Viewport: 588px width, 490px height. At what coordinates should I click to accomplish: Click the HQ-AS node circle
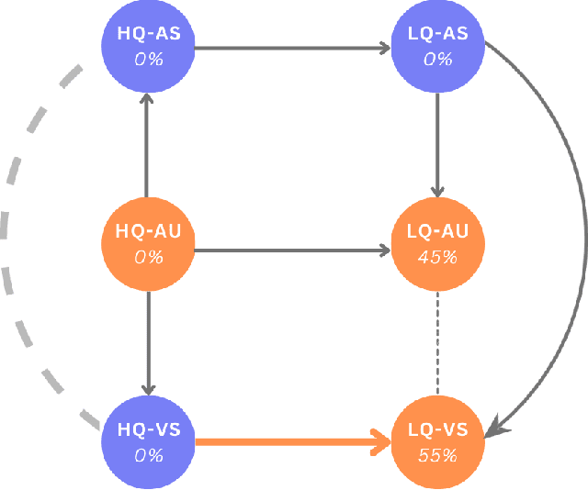(x=148, y=46)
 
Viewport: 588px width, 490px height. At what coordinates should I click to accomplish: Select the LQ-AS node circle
(x=437, y=46)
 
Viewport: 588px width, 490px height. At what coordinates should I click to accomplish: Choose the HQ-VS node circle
(x=148, y=442)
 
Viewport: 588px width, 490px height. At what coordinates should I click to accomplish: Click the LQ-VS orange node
(x=437, y=442)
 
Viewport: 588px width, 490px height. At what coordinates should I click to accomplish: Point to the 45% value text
(x=437, y=257)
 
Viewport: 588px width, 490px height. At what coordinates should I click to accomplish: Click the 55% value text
(x=437, y=455)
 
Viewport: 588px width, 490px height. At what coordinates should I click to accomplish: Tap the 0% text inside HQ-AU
(x=148, y=257)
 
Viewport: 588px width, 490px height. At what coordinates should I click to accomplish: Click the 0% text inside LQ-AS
(x=437, y=60)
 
